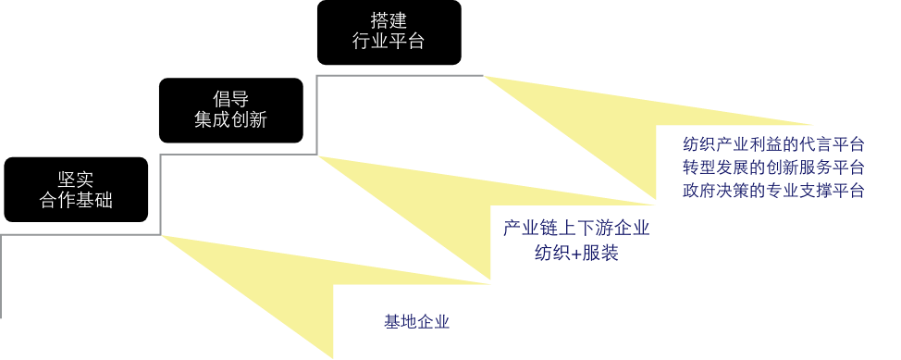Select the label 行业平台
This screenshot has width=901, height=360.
pos(388,41)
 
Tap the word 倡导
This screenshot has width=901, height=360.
pos(230,99)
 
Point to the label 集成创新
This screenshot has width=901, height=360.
pos(230,120)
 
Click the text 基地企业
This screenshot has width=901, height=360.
pos(416,322)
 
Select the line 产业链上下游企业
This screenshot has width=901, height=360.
pos(576,229)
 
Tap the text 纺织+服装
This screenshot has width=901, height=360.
pos(576,253)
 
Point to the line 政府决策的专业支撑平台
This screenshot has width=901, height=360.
pos(773,191)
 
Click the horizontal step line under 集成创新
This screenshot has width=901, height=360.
pos(239,155)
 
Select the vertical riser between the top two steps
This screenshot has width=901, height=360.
pos(316,115)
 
